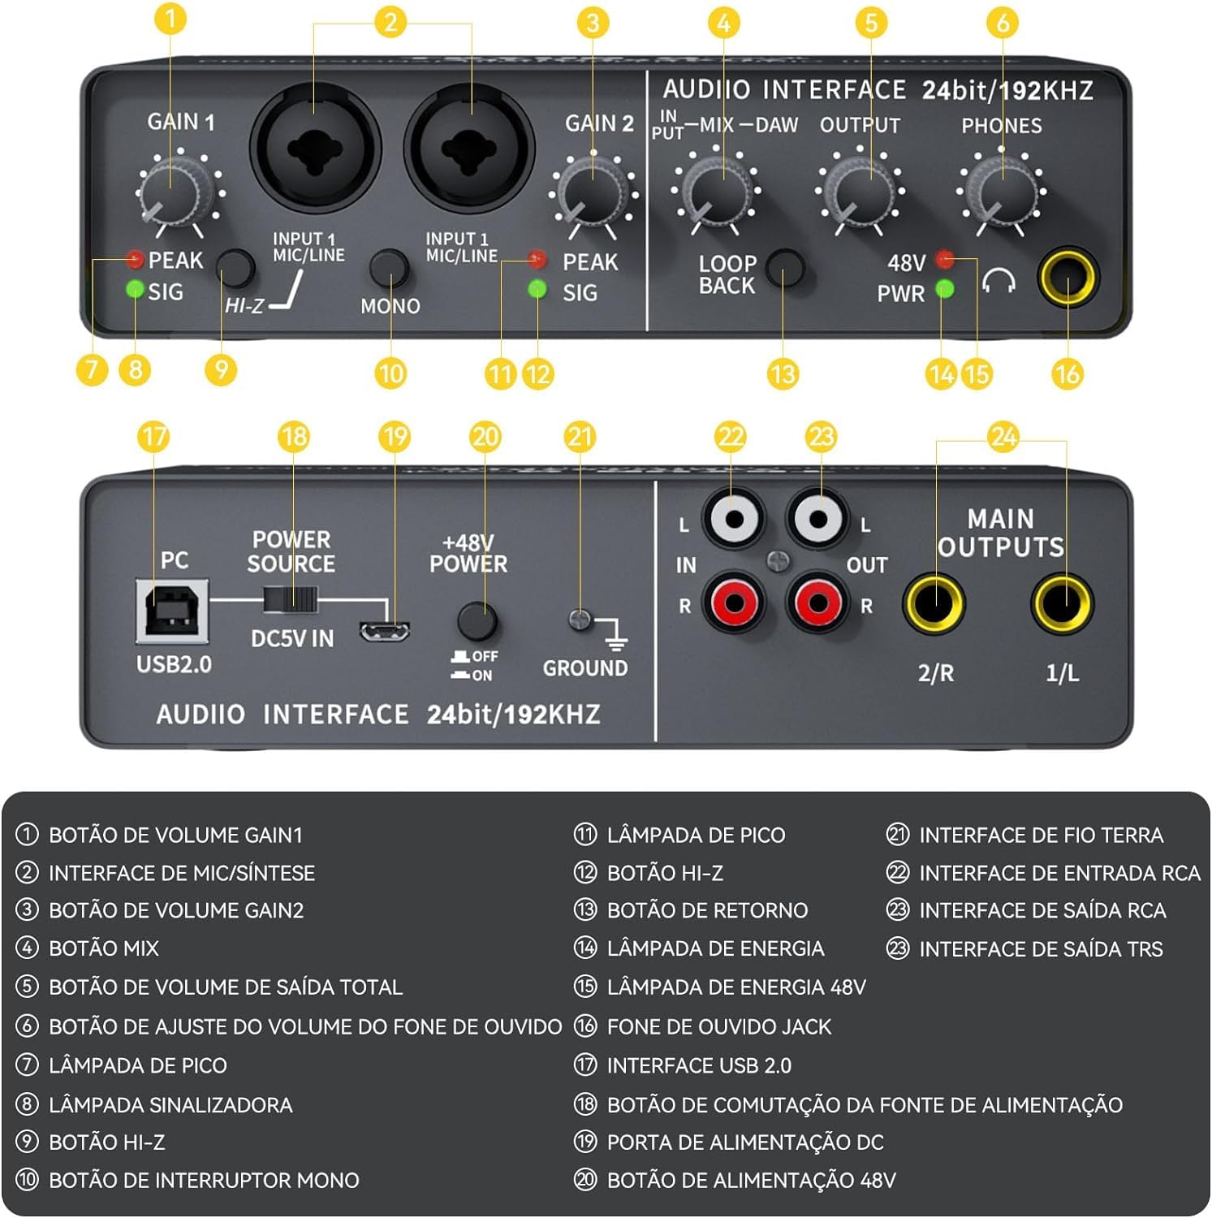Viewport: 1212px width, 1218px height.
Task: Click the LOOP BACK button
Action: coord(784,268)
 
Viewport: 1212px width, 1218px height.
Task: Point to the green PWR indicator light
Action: coord(944,289)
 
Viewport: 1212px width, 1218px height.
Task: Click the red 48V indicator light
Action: coord(944,259)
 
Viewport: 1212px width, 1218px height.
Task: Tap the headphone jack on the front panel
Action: coord(1067,277)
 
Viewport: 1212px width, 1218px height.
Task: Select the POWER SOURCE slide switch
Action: coord(290,601)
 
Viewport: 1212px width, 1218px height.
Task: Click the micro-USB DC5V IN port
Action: coord(385,631)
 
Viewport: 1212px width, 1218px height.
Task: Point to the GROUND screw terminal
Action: coord(580,620)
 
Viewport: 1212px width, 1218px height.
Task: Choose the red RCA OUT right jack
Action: coord(818,603)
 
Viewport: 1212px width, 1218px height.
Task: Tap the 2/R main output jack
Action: coord(934,603)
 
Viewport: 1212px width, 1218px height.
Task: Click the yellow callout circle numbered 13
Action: coord(783,374)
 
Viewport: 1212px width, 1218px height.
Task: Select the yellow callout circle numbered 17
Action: coord(154,436)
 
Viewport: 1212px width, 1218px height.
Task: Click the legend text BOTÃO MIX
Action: coord(104,948)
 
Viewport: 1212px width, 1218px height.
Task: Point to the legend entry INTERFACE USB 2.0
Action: coord(699,1065)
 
